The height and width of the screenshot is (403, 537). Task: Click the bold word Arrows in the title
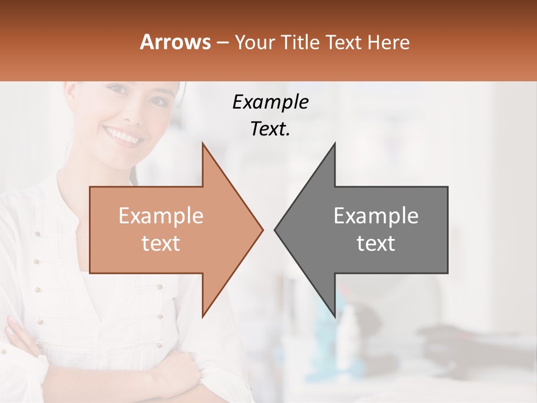click(x=176, y=42)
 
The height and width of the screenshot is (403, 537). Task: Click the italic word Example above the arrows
click(x=270, y=102)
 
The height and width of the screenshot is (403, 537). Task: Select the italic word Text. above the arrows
click(x=270, y=129)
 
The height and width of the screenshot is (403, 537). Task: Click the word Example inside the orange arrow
click(x=161, y=216)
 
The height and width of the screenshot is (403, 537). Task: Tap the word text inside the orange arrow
click(x=161, y=243)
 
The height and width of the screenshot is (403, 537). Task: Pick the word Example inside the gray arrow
click(x=376, y=216)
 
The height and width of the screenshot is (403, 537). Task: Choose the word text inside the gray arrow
click(x=376, y=243)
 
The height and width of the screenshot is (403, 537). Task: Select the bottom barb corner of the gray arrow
click(x=335, y=316)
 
